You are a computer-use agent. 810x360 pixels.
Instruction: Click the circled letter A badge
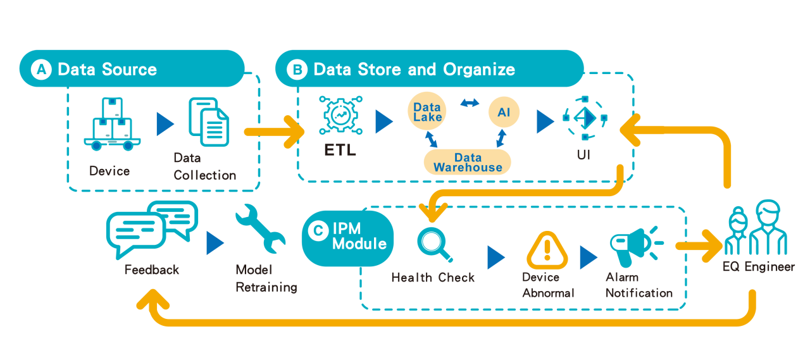coord(42,69)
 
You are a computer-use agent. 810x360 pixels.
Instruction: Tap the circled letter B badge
coord(297,69)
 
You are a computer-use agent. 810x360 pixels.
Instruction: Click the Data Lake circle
coord(427,113)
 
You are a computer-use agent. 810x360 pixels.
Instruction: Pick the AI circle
coord(504,113)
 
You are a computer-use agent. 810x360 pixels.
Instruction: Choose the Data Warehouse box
coord(468,163)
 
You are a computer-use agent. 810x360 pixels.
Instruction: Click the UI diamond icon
coord(585,118)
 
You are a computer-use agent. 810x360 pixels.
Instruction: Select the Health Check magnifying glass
coord(435,244)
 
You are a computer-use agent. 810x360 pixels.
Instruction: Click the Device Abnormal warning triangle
coord(547,251)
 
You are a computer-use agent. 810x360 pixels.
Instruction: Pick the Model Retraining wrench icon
coord(259,232)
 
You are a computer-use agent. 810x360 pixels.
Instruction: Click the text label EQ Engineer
coord(759,266)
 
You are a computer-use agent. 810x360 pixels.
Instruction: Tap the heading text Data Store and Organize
coord(414,69)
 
